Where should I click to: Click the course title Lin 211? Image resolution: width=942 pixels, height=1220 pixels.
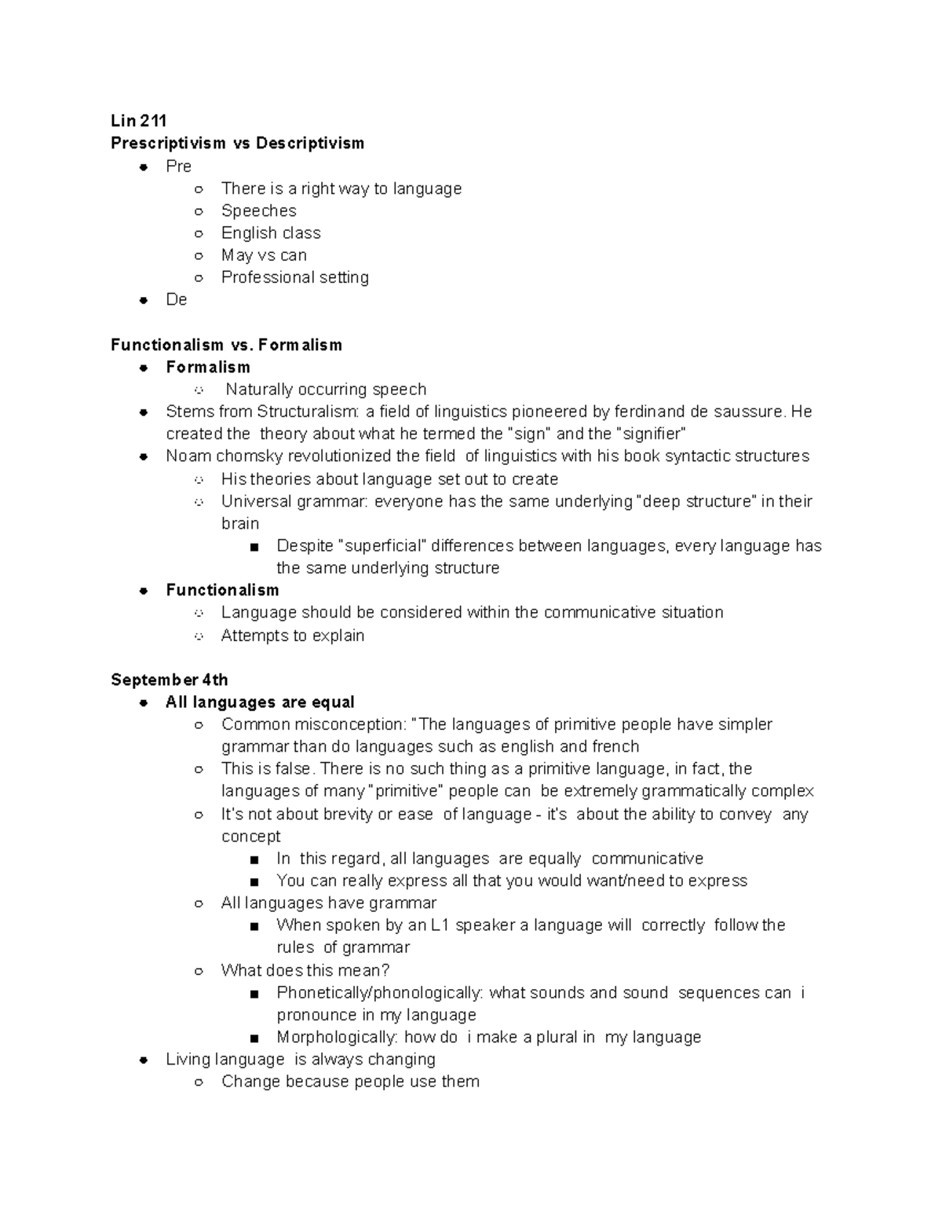coord(138,120)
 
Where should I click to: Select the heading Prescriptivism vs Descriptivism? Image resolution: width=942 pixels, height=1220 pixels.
coord(237,143)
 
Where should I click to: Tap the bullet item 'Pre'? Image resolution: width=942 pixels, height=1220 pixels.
coord(178,166)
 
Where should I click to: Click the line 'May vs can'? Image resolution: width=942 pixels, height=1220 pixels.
coord(264,255)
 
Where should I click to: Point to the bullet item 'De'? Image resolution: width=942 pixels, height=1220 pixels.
coord(176,299)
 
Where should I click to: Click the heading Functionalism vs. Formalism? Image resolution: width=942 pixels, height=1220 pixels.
coord(226,345)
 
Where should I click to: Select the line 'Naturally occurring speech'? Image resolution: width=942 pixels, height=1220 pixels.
coord(326,390)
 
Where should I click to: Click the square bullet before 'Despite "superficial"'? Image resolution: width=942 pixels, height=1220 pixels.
coord(253,547)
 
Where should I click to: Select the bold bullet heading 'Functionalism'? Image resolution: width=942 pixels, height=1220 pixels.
coord(222,590)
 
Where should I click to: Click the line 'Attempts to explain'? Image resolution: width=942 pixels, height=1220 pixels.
coord(292,636)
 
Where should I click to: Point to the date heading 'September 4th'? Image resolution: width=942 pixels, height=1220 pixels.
coord(169,680)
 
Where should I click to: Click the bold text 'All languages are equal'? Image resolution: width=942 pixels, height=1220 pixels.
coord(260,702)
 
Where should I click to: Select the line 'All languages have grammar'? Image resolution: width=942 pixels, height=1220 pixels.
coord(328,903)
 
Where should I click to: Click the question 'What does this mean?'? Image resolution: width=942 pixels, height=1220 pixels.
coord(305,970)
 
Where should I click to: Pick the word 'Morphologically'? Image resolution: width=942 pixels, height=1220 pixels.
coord(337,1037)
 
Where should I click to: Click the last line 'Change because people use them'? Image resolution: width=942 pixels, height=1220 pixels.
coord(350,1082)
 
